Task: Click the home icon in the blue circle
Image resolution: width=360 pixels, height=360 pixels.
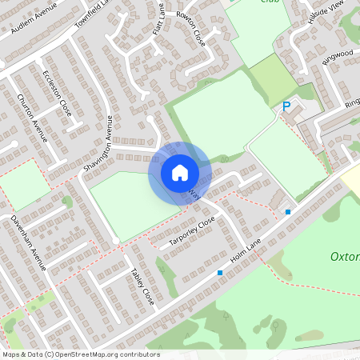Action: [179, 172]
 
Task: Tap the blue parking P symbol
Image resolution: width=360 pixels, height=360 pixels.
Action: [286, 106]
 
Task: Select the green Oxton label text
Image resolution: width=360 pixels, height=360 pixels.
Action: [345, 258]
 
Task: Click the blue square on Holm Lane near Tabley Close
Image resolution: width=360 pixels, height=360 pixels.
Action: [220, 273]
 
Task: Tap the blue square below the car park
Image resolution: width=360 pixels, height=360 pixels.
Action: [288, 211]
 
